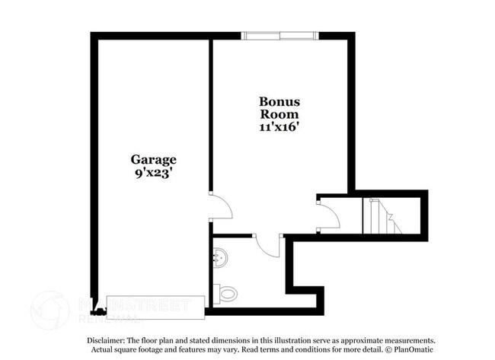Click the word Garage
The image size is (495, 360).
[x=152, y=160]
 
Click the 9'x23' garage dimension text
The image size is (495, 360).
[x=152, y=173]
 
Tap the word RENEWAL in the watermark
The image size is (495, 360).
[x=106, y=317]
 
